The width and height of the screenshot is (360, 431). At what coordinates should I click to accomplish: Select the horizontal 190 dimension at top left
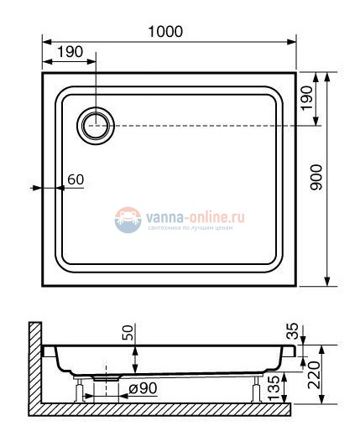click(x=70, y=52)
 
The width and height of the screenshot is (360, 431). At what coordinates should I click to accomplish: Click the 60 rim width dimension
click(x=76, y=179)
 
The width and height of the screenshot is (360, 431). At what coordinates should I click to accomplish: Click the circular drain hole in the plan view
click(x=96, y=126)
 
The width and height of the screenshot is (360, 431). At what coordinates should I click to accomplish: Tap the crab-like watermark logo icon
click(x=128, y=220)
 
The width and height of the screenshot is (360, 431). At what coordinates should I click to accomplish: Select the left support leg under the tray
click(x=78, y=390)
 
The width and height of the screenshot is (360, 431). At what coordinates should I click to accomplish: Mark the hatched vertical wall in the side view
click(x=33, y=365)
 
